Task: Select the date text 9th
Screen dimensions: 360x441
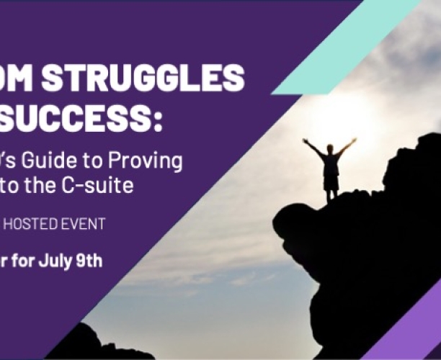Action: point(89,261)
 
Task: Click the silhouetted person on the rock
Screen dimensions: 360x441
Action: point(330,166)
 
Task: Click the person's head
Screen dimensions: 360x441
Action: point(330,148)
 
